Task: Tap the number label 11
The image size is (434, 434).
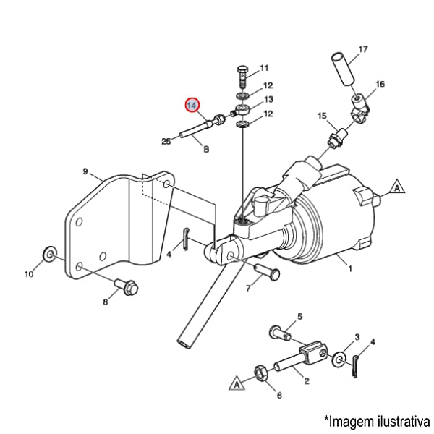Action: pos(263,67)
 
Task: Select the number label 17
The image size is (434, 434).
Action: pos(363,50)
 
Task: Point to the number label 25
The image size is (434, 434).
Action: pos(166,141)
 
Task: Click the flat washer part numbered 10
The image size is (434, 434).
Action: pos(49,252)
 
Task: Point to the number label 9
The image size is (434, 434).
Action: pos(85,172)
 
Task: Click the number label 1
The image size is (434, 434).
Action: pos(349,269)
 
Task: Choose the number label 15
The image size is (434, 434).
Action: pos(322,116)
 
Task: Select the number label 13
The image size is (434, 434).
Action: pos(268,100)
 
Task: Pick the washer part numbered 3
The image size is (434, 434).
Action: pos(339,359)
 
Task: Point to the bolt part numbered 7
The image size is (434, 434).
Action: pos(267,274)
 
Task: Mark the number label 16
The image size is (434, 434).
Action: pos(380,85)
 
